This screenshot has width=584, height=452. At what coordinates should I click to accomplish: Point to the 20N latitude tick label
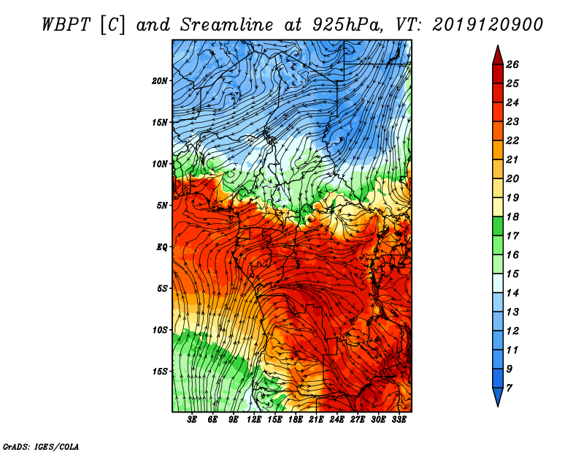pyautogui.click(x=161, y=80)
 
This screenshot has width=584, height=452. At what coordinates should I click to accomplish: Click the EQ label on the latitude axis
pyautogui.click(x=162, y=246)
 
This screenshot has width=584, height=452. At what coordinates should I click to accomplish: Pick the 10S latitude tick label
pyautogui.click(x=161, y=330)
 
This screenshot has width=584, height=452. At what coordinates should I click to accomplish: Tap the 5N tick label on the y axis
pyautogui.click(x=163, y=205)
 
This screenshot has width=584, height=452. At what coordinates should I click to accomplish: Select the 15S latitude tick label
pyautogui.click(x=161, y=371)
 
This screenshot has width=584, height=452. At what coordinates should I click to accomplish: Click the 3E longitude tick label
pyautogui.click(x=193, y=420)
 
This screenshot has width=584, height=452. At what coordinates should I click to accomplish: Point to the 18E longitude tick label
pyautogui.click(x=296, y=420)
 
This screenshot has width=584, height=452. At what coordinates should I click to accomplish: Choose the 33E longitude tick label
pyautogui.click(x=399, y=420)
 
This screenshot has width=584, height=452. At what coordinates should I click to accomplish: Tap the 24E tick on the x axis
pyautogui.click(x=337, y=420)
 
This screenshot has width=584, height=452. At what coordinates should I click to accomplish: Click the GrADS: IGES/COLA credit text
pyautogui.click(x=41, y=445)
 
